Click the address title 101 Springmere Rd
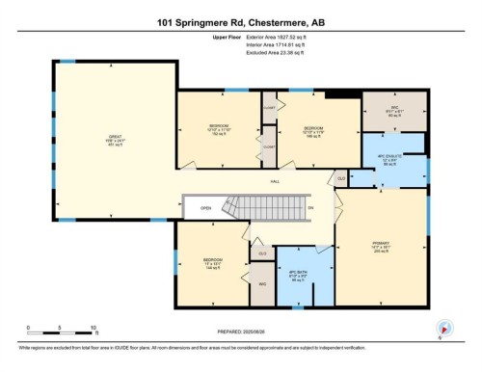(240, 21)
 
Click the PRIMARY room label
(386, 245)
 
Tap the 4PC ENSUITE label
(387, 159)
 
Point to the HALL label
(275, 181)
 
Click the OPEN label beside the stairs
(205, 207)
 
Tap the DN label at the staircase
(309, 207)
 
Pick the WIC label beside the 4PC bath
(262, 284)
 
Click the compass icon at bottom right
(442, 328)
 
